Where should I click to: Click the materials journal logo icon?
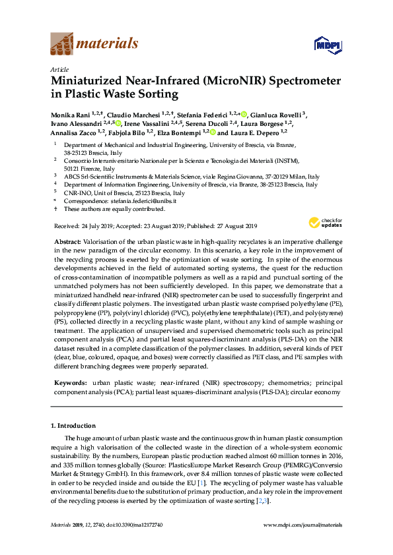tap(63, 44)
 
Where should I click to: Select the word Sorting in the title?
tap(157, 94)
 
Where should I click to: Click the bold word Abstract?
tap(68, 243)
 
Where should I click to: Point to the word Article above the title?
tap(59, 69)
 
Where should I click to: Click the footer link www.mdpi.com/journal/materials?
tap(303, 525)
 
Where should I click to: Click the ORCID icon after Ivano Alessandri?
tap(118, 123)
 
